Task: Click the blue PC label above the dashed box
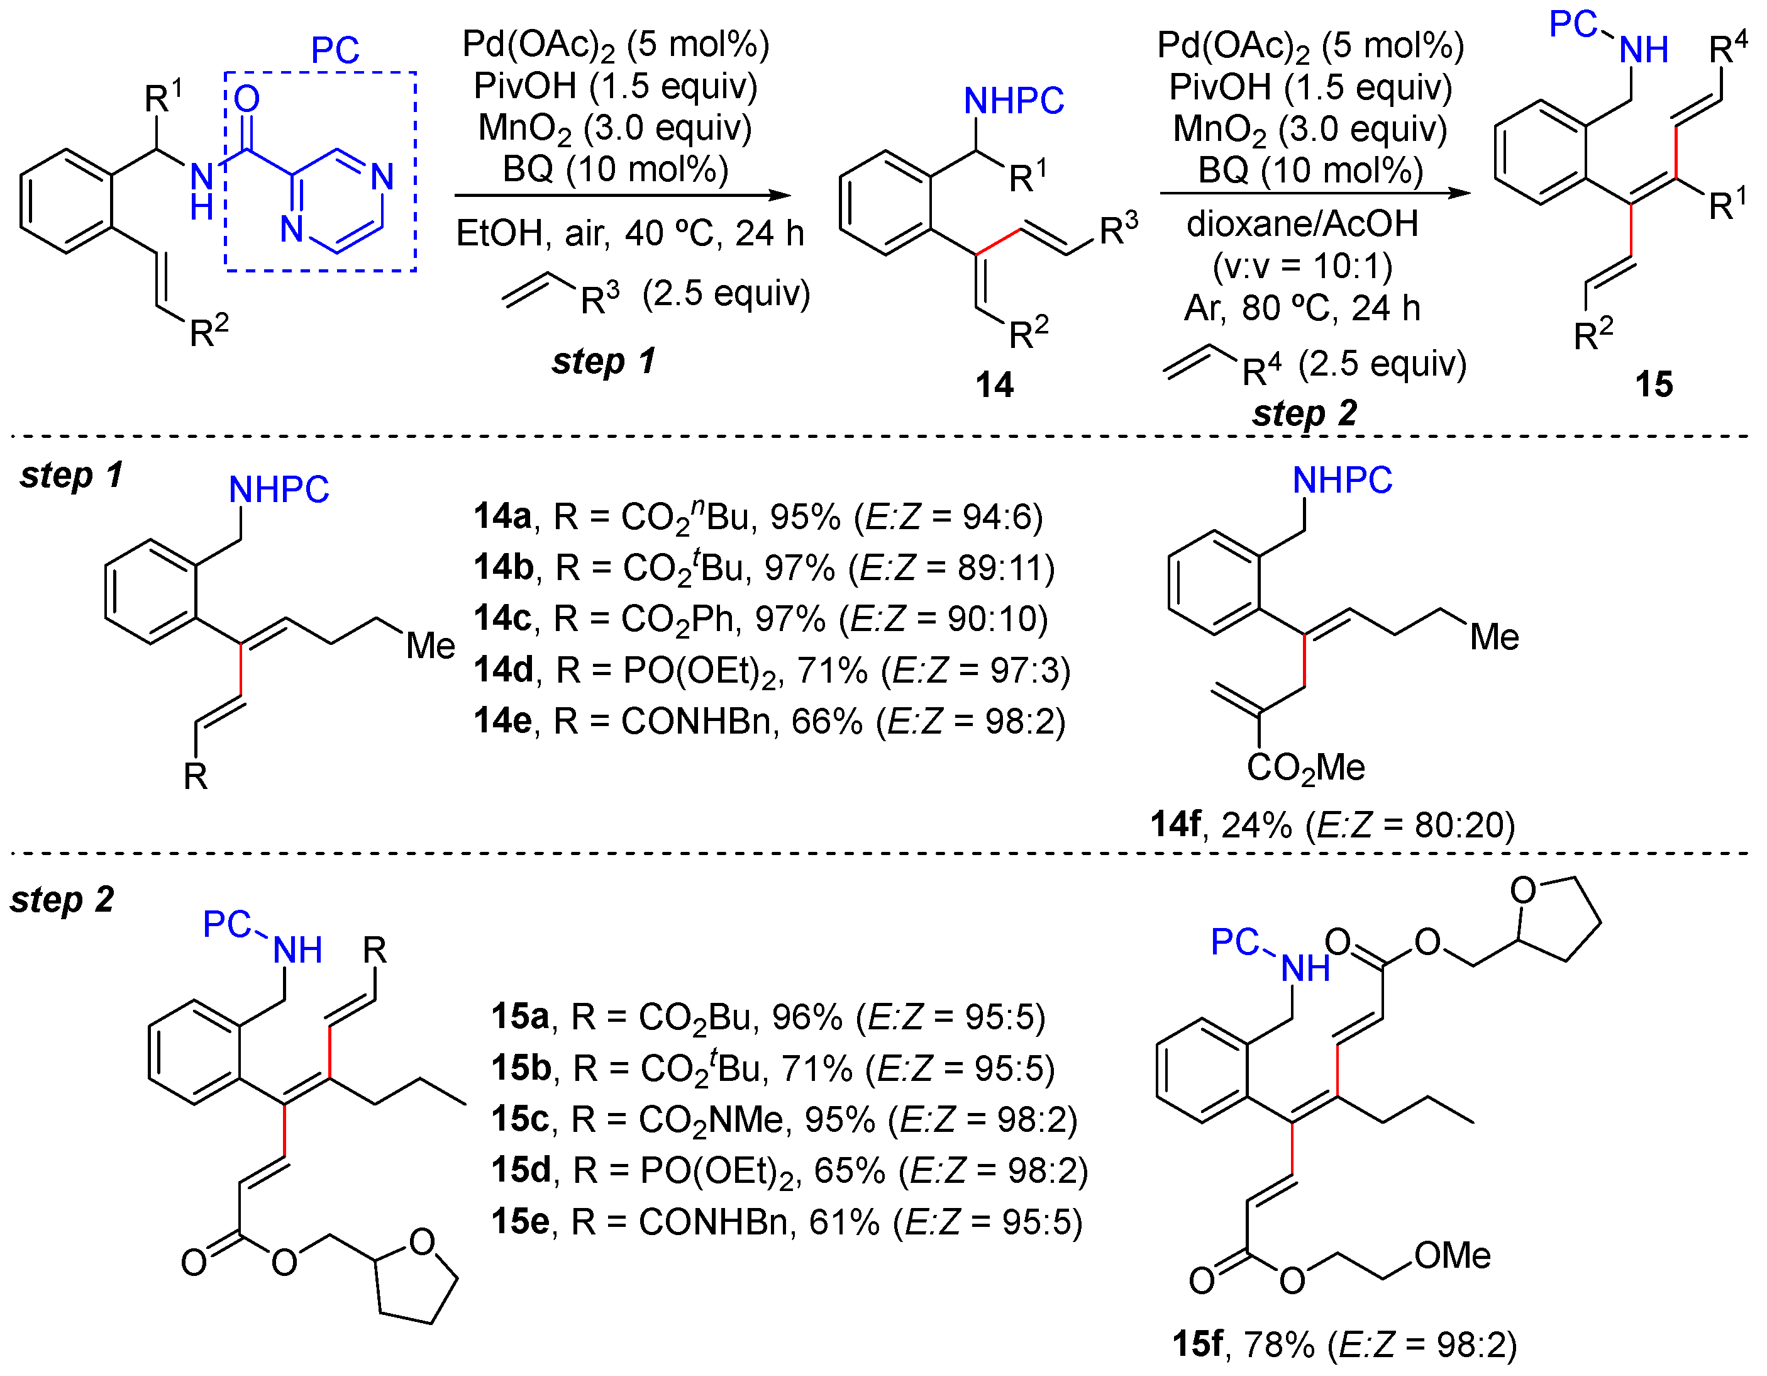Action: [x=335, y=50]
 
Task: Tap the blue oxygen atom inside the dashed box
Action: [x=246, y=99]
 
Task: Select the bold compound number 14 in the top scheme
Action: [x=994, y=384]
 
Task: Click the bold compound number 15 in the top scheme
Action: [x=1654, y=384]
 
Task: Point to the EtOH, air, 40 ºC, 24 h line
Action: [x=629, y=234]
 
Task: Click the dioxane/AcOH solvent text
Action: [x=1302, y=223]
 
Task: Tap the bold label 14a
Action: [x=502, y=517]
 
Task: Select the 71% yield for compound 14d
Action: [x=832, y=670]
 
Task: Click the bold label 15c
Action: [x=520, y=1119]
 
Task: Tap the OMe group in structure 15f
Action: [x=1453, y=1255]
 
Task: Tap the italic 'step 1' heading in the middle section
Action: [x=71, y=475]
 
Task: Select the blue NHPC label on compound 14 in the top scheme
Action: [x=1014, y=101]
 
